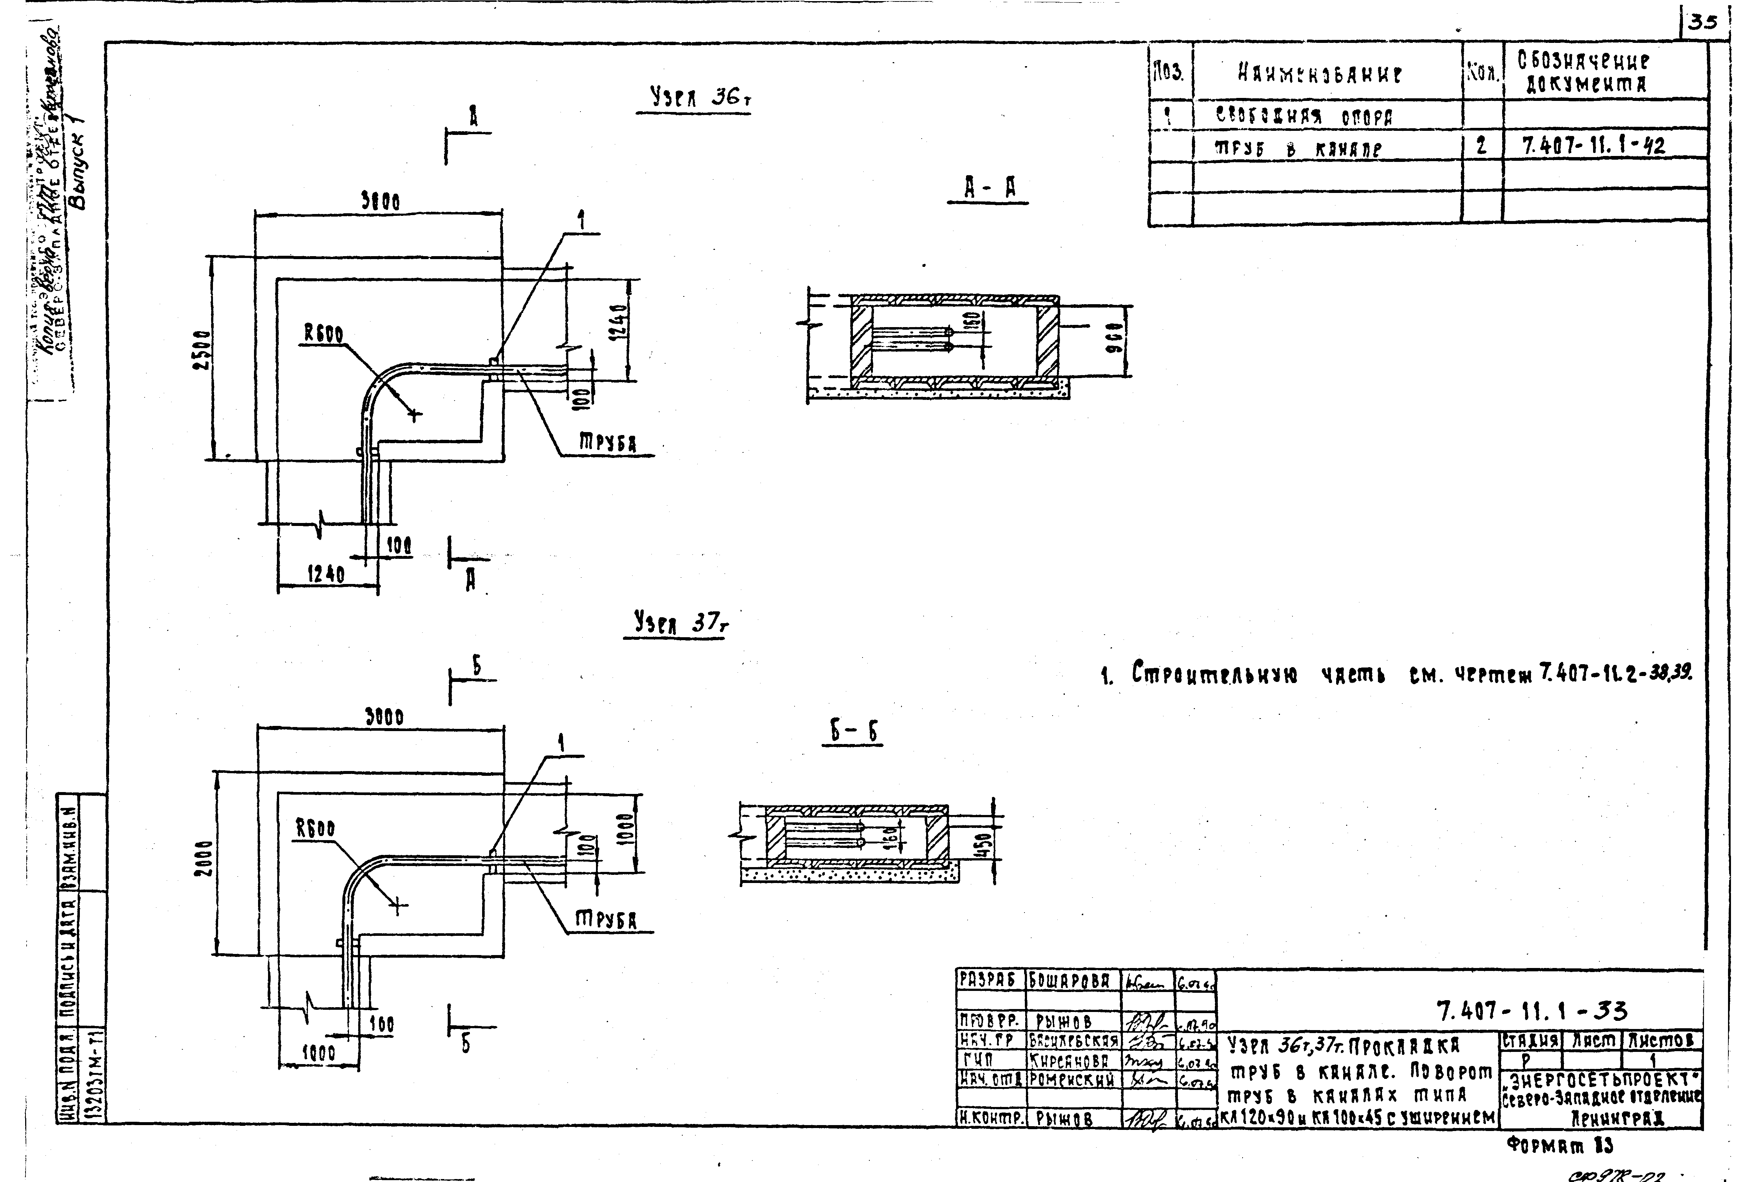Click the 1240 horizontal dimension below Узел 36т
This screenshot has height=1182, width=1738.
pos(326,574)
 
